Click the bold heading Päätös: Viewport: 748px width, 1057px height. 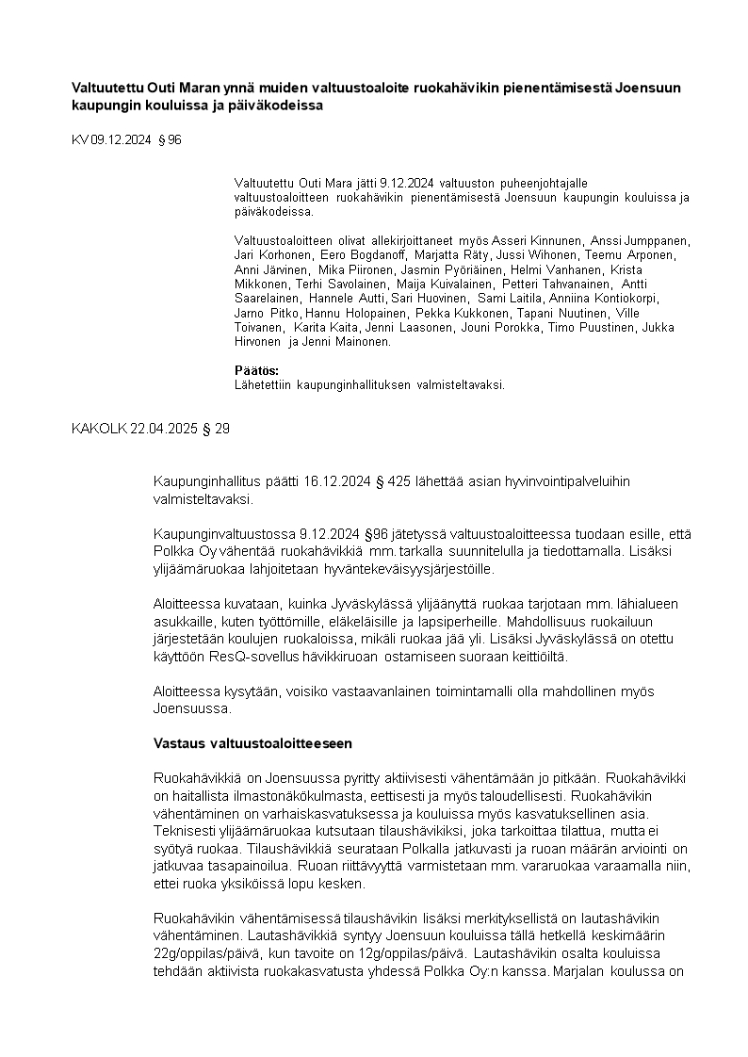point(256,371)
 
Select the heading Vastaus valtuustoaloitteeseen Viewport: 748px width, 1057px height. point(252,743)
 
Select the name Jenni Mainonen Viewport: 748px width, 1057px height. point(350,342)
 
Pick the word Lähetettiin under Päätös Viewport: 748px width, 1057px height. point(263,384)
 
